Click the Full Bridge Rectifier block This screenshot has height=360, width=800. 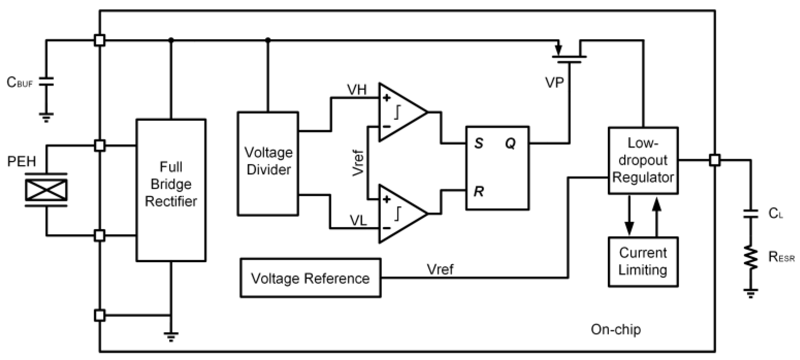click(171, 190)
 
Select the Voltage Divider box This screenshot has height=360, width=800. click(268, 164)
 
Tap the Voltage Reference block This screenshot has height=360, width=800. click(310, 278)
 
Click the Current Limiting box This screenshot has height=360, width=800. click(643, 261)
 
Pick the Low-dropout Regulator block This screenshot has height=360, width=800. click(643, 160)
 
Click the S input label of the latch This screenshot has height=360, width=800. click(478, 143)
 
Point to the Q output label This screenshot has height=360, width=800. click(510, 143)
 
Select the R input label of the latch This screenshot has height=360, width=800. click(478, 191)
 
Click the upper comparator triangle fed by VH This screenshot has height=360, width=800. click(400, 112)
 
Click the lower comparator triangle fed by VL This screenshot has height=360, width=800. click(400, 214)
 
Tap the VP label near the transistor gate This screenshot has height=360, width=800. click(554, 83)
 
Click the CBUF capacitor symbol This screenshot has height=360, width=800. click(46, 82)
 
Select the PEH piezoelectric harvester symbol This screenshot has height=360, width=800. click(46, 190)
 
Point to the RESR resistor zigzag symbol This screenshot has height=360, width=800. click(751, 257)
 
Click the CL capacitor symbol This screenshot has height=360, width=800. click(751, 214)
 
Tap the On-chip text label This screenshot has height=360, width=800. click(615, 329)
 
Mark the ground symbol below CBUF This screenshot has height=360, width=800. click(46, 117)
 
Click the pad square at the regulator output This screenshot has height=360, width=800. click(715, 160)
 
